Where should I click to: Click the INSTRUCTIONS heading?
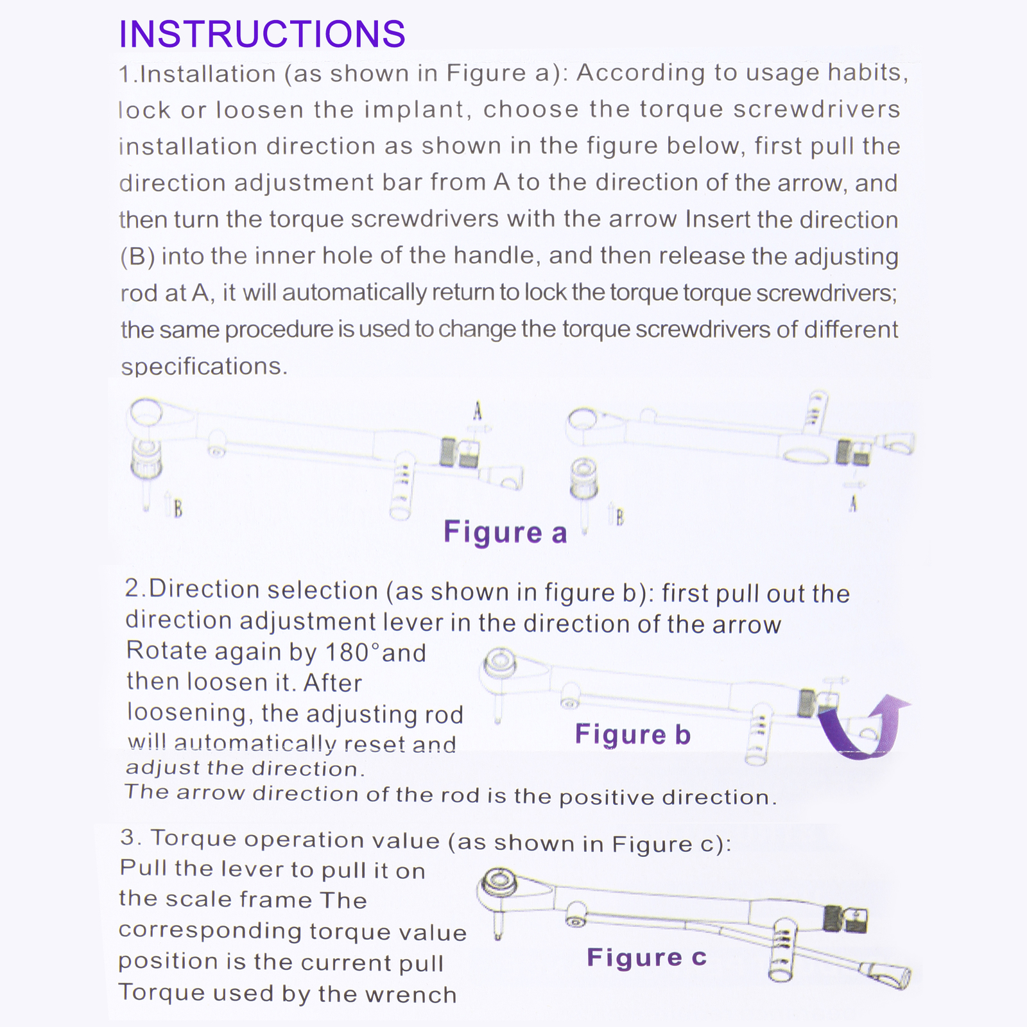pyautogui.click(x=262, y=34)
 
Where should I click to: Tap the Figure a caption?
pyautogui.click(x=505, y=533)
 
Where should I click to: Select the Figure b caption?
pyautogui.click(x=632, y=734)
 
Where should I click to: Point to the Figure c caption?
pyautogui.click(x=646, y=958)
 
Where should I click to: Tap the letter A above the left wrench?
pyautogui.click(x=477, y=411)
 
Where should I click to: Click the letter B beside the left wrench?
pyautogui.click(x=178, y=509)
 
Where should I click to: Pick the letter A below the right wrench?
pyautogui.click(x=853, y=504)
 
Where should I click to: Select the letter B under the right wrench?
pyautogui.click(x=619, y=517)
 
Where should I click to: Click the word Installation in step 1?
pyautogui.click(x=207, y=74)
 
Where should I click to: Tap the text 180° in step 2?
pyautogui.click(x=353, y=653)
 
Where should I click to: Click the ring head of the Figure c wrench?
pyautogui.click(x=499, y=882)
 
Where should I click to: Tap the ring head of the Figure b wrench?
pyautogui.click(x=499, y=662)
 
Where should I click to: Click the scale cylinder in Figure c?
pyautogui.click(x=782, y=950)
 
